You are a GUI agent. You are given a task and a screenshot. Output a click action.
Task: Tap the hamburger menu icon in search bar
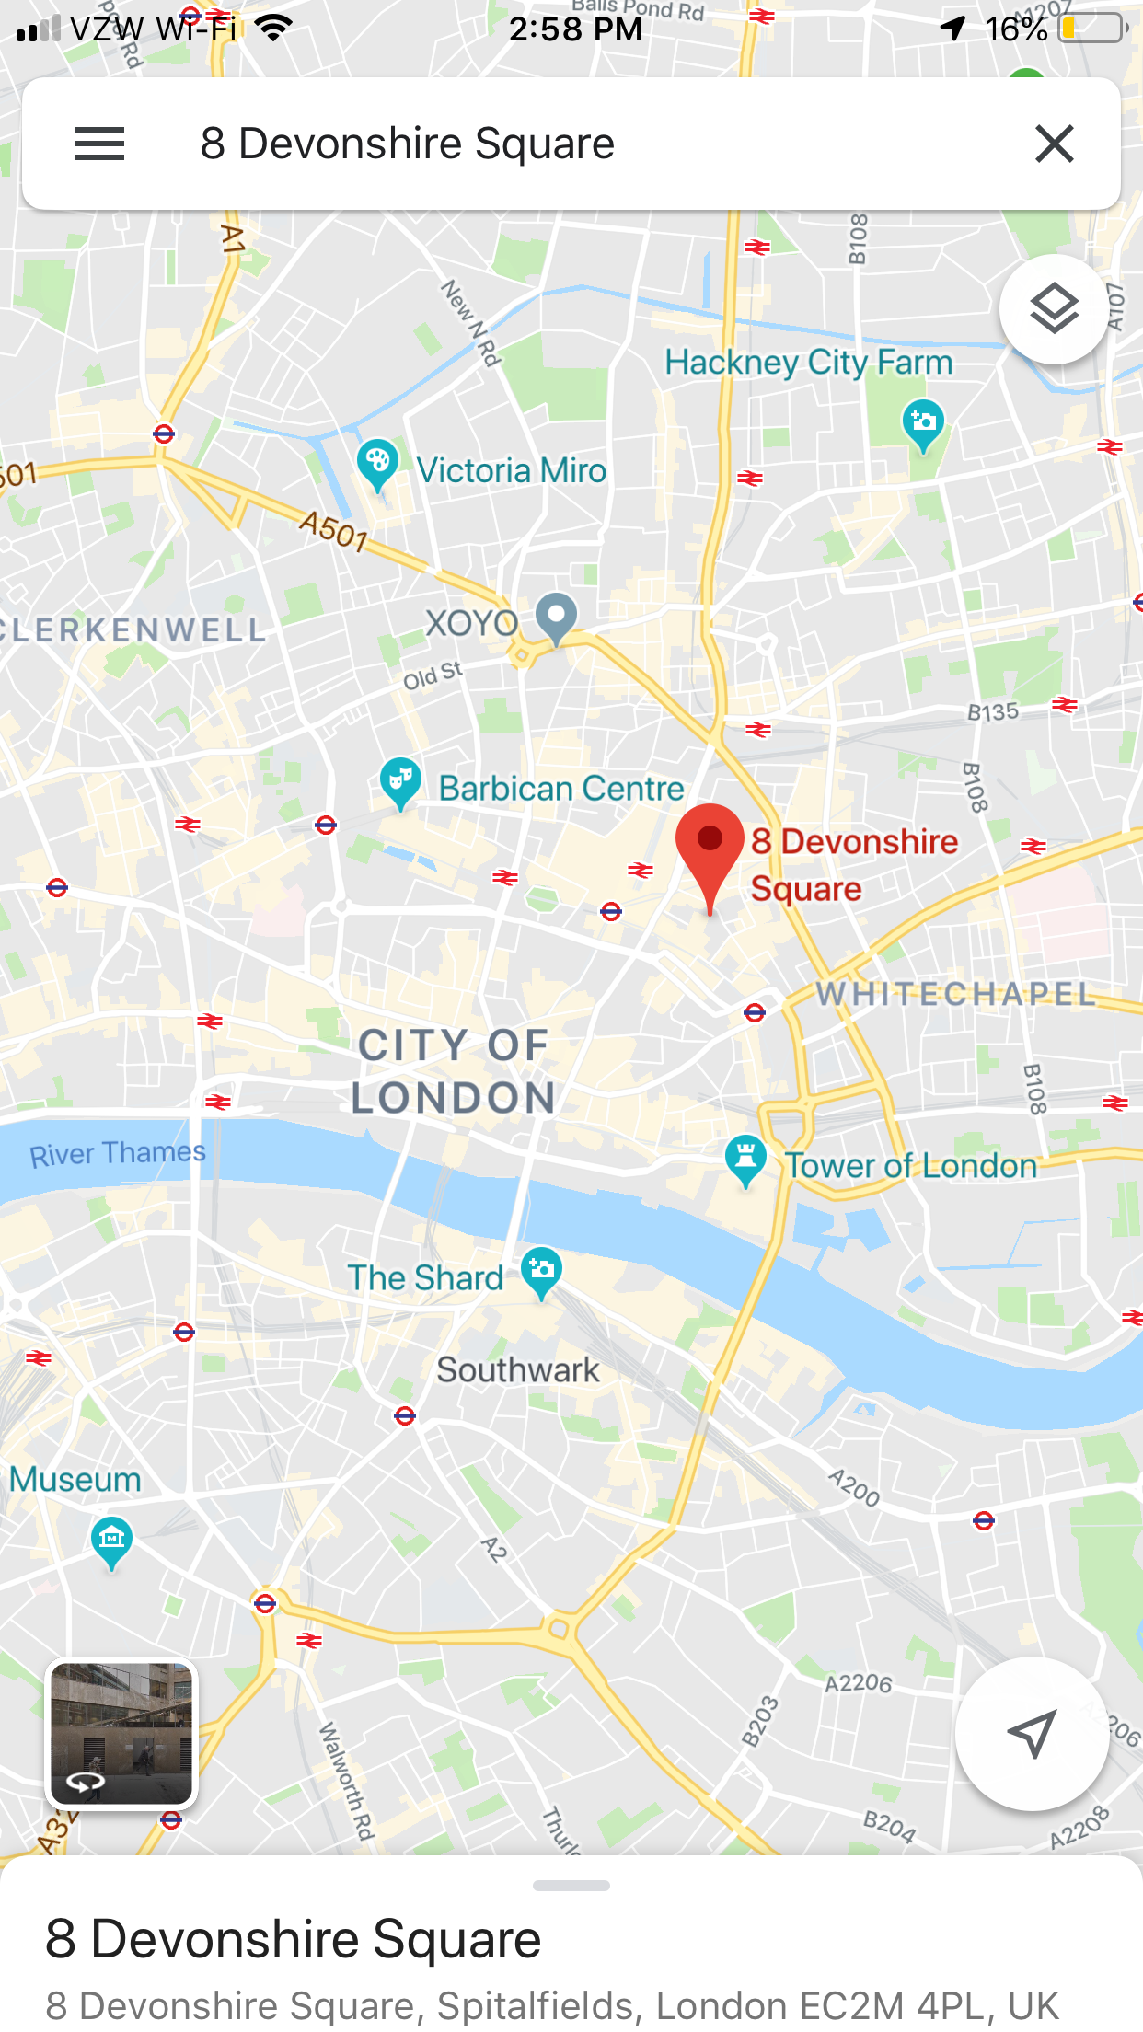99,144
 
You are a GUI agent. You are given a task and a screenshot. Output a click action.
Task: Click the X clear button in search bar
1054,144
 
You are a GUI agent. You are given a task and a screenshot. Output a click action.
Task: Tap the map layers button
1054,309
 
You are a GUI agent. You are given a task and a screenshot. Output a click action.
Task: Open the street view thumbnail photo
122,1734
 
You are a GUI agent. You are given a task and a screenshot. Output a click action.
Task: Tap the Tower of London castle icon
745,1158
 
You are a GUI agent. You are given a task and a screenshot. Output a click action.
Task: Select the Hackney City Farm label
808,363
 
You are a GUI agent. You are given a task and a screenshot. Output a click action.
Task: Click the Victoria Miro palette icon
377,463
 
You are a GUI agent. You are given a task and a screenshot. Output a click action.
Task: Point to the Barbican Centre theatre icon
400,781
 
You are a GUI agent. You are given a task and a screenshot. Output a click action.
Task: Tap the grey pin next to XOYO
556,617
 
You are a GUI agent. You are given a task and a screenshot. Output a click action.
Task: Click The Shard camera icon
541,1271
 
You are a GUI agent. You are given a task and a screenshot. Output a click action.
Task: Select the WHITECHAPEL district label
955,994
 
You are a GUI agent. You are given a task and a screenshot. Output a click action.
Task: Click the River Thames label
118,1153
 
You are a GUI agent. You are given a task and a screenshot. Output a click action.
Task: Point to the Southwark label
518,1370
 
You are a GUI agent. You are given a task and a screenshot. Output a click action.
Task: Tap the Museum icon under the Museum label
112,1540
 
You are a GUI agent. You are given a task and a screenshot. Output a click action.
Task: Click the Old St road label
433,675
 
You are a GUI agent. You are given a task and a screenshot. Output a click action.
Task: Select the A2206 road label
858,1683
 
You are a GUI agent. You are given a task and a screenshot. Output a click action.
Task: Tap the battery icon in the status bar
1093,29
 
